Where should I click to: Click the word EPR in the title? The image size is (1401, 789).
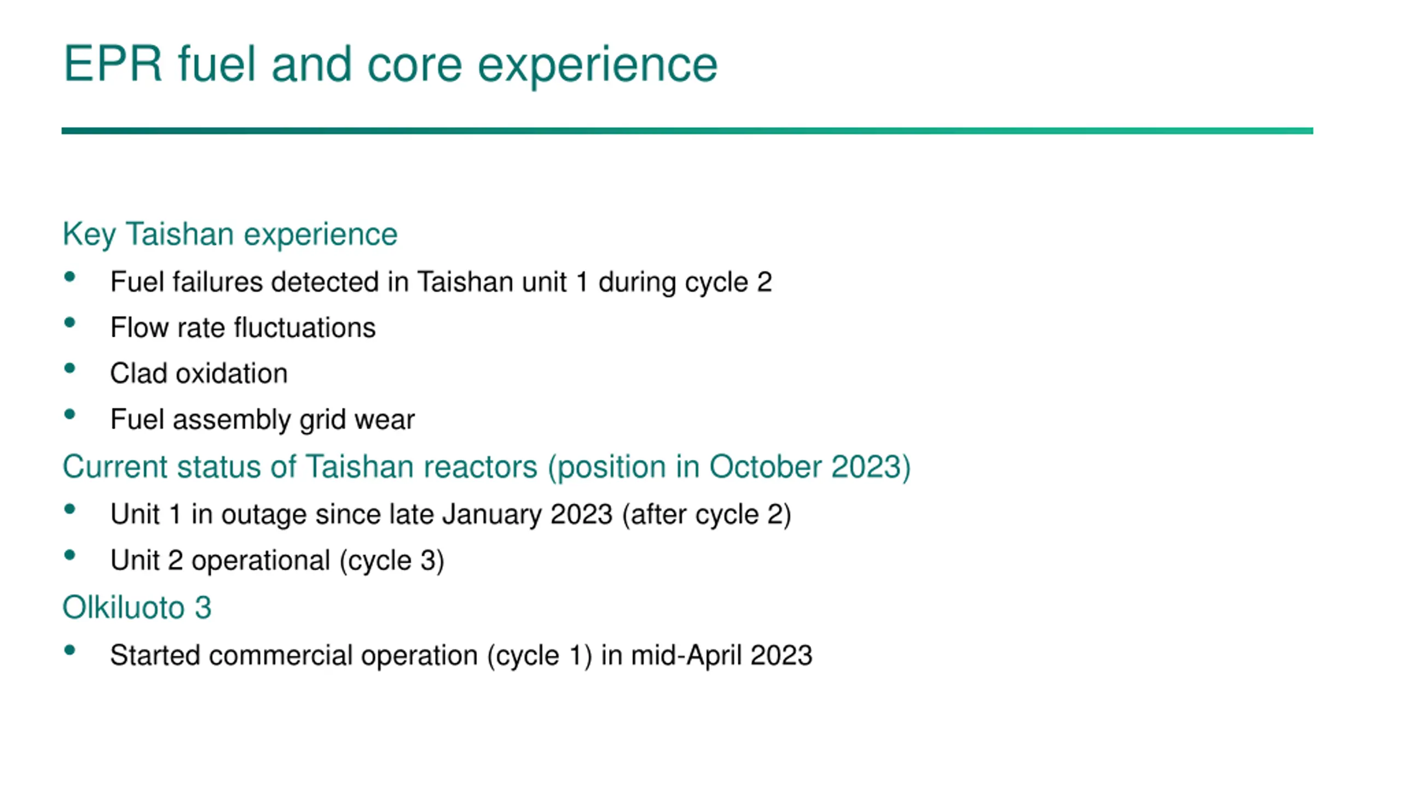pyautogui.click(x=113, y=64)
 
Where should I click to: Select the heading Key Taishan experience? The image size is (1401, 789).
pyautogui.click(x=230, y=235)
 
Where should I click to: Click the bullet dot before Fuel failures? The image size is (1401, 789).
pyautogui.click(x=70, y=277)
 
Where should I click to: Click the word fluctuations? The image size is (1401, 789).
pyautogui.click(x=305, y=328)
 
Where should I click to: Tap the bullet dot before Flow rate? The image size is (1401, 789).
pyautogui.click(x=70, y=323)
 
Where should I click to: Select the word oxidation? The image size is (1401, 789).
pyautogui.click(x=231, y=374)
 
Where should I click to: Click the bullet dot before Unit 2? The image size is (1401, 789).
pyautogui.click(x=70, y=556)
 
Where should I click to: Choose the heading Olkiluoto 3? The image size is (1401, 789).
pyautogui.click(x=137, y=608)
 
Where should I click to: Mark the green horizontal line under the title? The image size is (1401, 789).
pyautogui.click(x=687, y=131)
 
